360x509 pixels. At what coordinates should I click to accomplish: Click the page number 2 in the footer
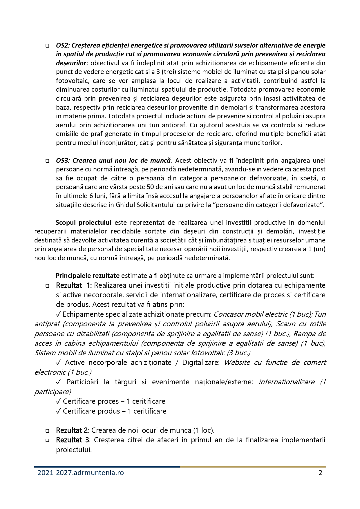tap(320, 473)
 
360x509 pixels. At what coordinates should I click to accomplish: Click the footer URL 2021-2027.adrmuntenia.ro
tap(81, 473)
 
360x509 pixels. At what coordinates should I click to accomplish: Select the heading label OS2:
tap(62, 46)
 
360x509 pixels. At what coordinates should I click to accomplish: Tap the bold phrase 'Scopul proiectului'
tap(84, 223)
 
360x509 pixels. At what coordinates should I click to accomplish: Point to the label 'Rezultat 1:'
tap(74, 285)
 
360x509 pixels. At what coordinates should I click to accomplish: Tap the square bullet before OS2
tap(47, 46)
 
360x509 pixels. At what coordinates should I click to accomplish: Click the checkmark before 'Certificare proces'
tap(58, 401)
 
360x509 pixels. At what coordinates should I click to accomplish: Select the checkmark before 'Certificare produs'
tap(58, 411)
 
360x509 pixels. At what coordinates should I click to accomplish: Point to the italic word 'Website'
tap(238, 363)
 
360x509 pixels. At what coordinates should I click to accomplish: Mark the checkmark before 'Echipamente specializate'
tap(58, 314)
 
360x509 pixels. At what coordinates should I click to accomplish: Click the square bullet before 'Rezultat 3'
tap(47, 441)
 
